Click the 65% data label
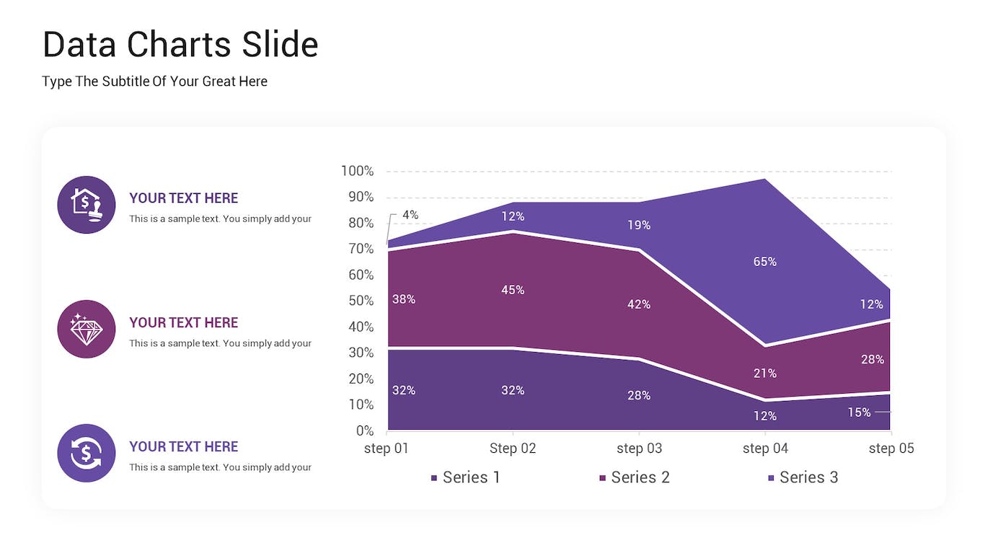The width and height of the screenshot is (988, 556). pyautogui.click(x=764, y=262)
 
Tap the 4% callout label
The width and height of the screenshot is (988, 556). pyautogui.click(x=410, y=215)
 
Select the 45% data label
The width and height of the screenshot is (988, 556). pyautogui.click(x=513, y=290)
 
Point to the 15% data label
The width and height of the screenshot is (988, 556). pyautogui.click(x=859, y=412)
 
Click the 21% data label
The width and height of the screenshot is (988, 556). pyautogui.click(x=764, y=374)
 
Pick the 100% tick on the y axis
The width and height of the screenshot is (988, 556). pyautogui.click(x=357, y=171)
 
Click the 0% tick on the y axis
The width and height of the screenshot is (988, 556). pyautogui.click(x=365, y=431)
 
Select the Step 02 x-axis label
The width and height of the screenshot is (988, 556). pyautogui.click(x=513, y=449)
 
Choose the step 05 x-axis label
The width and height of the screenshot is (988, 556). pyautogui.click(x=891, y=449)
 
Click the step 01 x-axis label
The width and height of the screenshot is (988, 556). pyautogui.click(x=387, y=449)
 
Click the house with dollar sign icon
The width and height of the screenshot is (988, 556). pyautogui.click(x=87, y=205)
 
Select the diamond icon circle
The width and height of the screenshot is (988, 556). pyautogui.click(x=87, y=330)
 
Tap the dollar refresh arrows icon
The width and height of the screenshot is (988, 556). pyautogui.click(x=87, y=454)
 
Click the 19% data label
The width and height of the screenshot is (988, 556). pyautogui.click(x=638, y=225)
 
